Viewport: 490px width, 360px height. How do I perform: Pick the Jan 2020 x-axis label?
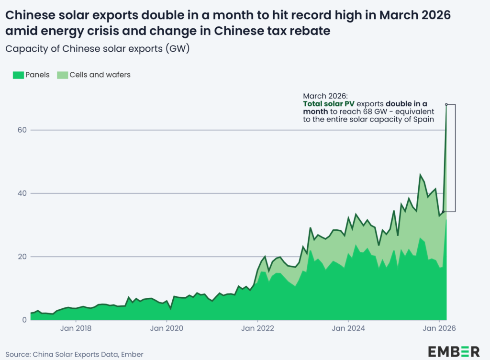167,329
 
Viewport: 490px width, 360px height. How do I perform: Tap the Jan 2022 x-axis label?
257,329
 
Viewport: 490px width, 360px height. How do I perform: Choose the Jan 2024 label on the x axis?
348,329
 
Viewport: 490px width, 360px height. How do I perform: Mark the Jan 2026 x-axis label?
439,329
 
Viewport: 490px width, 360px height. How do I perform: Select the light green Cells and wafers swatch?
63,75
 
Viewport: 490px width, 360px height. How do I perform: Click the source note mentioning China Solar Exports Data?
74,354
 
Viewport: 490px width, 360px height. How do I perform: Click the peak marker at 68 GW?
446,104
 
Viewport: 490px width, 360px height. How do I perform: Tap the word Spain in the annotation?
423,120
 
